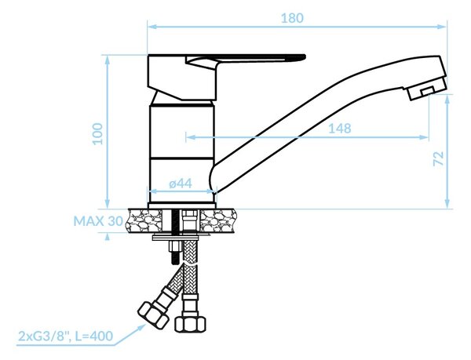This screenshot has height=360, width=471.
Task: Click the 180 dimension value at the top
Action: click(292, 18)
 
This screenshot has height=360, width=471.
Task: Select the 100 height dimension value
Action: click(97, 134)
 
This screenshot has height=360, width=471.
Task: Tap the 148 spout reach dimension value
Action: click(339, 129)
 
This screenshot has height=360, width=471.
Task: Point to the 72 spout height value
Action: click(439, 158)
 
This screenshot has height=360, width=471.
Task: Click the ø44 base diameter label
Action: click(181, 184)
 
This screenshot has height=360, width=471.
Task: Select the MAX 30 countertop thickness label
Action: click(98, 221)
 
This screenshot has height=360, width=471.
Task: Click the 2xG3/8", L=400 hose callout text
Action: click(66, 336)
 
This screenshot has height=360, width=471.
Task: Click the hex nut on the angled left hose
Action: click(153, 316)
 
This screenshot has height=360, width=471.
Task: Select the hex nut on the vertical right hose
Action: click(191, 323)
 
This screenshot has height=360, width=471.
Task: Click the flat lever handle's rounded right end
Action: click(302, 56)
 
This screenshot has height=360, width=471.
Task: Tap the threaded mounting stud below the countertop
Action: click(175, 237)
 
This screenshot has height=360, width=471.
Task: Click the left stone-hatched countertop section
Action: click(145, 221)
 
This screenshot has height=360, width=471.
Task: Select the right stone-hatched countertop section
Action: click(217, 221)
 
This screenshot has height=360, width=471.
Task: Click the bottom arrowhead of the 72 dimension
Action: click(447, 203)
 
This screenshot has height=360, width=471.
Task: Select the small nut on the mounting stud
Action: click(175, 247)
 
